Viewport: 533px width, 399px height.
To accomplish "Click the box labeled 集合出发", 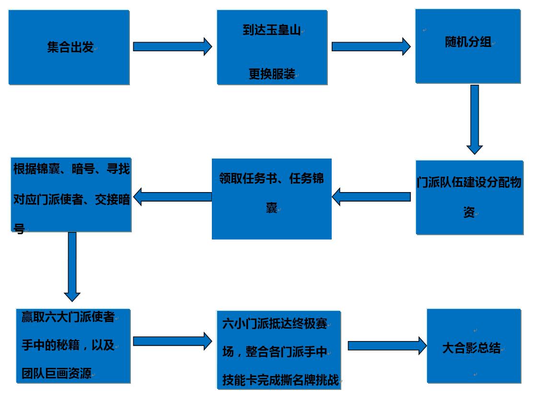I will click(69, 47).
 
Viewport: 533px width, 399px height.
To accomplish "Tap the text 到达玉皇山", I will click(271, 31).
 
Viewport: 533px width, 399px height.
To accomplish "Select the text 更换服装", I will click(271, 74).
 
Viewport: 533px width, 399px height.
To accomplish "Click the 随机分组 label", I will click(468, 42).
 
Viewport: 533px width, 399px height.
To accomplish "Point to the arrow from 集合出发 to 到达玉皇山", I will click(172, 46).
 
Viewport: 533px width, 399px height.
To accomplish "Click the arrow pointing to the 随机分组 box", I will click(371, 46).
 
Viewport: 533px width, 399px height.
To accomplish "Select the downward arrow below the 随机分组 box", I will click(475, 119).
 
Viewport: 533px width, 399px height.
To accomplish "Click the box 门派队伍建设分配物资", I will click(469, 197).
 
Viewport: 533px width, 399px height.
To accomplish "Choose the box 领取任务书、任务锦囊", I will click(272, 199).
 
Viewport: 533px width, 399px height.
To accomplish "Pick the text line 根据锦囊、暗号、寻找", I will click(71, 169).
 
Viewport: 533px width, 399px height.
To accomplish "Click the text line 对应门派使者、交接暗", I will click(71, 200).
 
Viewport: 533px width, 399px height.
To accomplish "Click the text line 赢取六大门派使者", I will click(68, 317).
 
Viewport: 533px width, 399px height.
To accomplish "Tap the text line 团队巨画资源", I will click(56, 373).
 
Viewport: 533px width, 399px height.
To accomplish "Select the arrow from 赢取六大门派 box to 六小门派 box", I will click(172, 341).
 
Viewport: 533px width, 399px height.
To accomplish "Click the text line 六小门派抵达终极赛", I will click(275, 324).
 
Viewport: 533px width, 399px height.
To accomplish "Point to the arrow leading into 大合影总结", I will click(387, 345).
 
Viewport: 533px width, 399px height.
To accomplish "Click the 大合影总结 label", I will click(471, 348).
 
